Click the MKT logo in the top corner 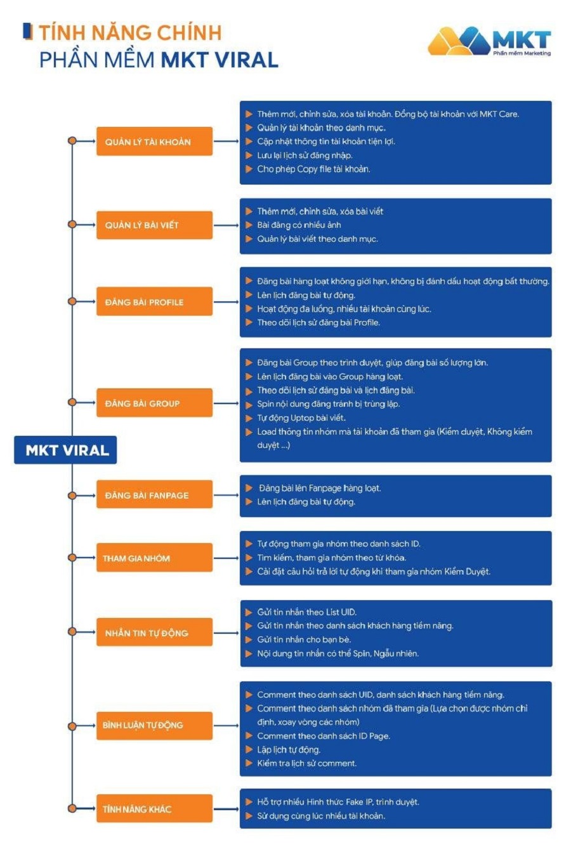tap(489, 41)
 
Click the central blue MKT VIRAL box tap(66, 450)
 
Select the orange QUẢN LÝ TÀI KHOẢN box tap(154, 141)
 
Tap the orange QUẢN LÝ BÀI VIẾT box tap(154, 225)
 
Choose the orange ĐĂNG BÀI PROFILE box tap(154, 302)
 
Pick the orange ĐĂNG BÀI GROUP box tap(154, 403)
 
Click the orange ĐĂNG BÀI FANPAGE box tap(154, 495)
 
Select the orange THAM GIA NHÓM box tap(154, 558)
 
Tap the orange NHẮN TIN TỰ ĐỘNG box tap(154, 633)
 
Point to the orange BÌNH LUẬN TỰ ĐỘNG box tap(154, 725)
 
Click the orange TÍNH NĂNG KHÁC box tap(154, 809)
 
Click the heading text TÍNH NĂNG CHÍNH tap(130, 32)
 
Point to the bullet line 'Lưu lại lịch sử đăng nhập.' tap(305, 155)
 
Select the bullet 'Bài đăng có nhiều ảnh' tap(299, 225)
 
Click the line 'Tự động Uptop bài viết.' tap(301, 418)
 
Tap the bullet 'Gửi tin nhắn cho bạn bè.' tap(304, 639)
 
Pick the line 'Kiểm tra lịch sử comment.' tap(306, 763)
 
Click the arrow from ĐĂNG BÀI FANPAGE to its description tap(226, 495)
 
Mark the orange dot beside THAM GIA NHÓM tap(72, 558)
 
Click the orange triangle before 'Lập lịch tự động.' tap(249, 750)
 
